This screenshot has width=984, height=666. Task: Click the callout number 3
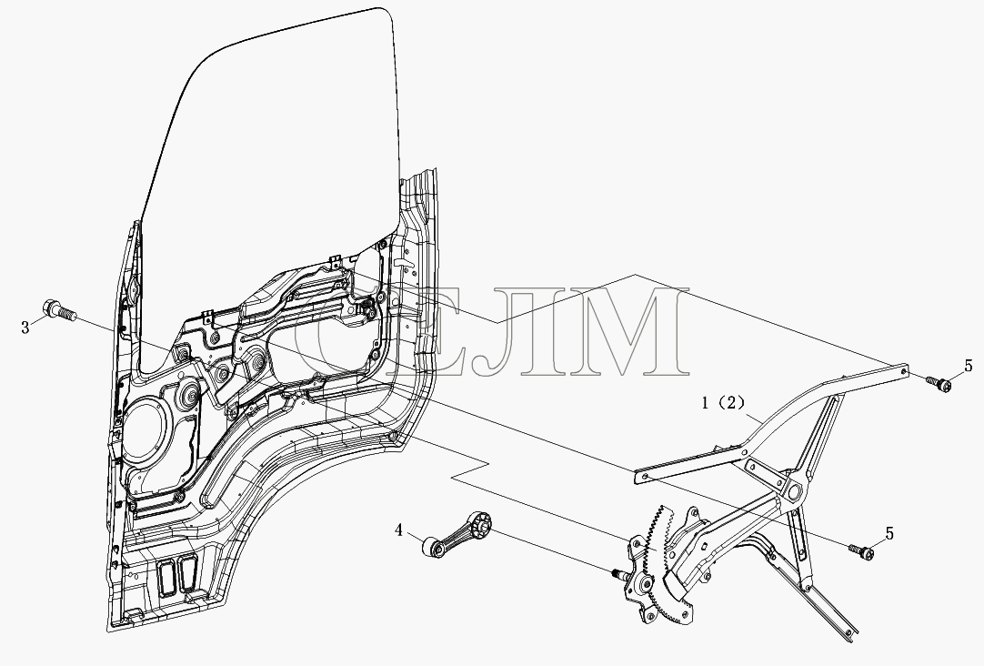(x=25, y=328)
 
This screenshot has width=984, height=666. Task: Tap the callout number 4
(x=398, y=530)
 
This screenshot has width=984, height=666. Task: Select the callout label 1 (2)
(x=722, y=403)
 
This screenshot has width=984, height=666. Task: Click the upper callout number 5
(x=969, y=366)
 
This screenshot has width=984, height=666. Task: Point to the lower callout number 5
(x=889, y=534)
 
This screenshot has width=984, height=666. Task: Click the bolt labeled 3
(x=58, y=310)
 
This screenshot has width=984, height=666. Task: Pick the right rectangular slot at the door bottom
(x=189, y=570)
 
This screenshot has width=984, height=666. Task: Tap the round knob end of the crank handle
(x=430, y=546)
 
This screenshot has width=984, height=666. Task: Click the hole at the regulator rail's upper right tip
(x=903, y=369)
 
